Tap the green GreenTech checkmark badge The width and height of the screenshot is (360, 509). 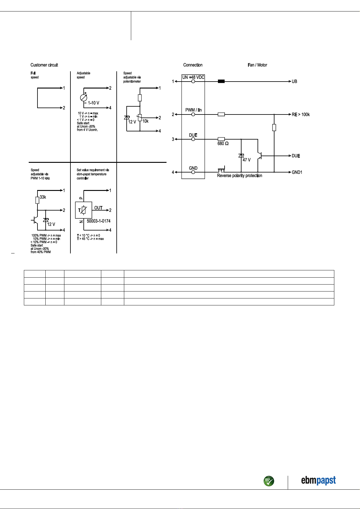tap(269, 481)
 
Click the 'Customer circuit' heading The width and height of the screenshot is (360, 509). tap(44, 65)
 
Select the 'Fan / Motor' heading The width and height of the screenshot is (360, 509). tap(257, 65)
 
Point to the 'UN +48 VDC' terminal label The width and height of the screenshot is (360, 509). tap(193, 77)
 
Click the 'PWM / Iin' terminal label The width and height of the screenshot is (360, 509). tap(193, 110)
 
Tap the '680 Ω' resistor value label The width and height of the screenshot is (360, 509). tap(223, 143)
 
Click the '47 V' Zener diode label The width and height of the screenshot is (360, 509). tap(247, 160)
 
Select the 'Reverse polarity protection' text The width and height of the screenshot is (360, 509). tap(239, 176)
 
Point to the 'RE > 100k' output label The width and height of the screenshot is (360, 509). tap(301, 114)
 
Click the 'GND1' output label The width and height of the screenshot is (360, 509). tap(297, 172)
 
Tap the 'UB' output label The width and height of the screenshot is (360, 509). tap(294, 81)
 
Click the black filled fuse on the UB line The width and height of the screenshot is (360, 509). tap(221, 81)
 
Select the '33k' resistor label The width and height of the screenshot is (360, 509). tap(43, 197)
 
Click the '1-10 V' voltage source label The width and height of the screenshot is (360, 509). tap(93, 103)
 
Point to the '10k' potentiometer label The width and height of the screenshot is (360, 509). tap(145, 121)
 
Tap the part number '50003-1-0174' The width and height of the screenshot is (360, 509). tap(99, 221)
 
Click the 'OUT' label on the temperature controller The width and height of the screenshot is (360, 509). tap(98, 208)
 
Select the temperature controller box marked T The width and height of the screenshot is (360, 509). tap(83, 210)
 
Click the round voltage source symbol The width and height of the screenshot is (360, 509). tap(83, 98)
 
